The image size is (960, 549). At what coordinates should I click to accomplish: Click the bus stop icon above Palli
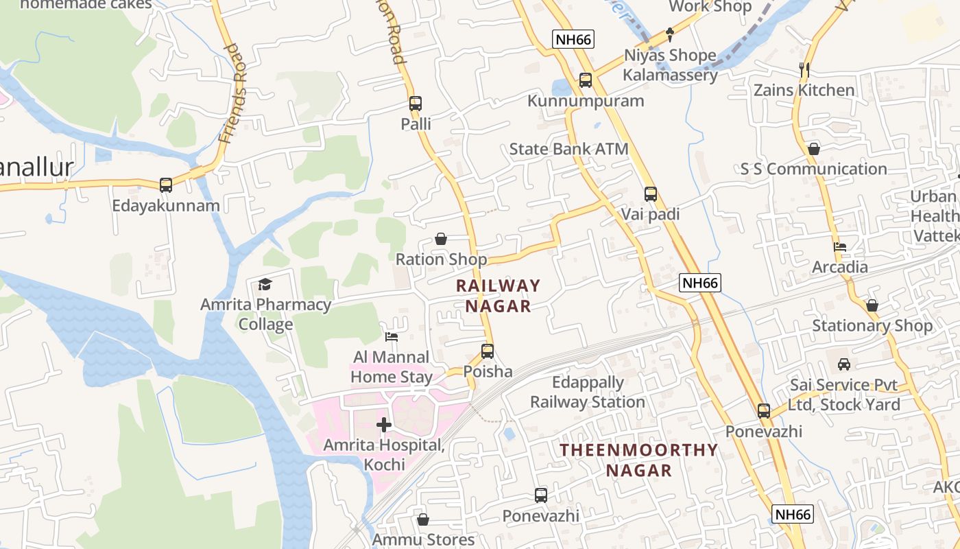click(415, 104)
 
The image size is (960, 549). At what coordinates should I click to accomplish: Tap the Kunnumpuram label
click(586, 101)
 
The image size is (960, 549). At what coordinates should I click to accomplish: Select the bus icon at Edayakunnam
click(166, 185)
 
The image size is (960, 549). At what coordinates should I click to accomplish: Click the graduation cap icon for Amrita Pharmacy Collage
click(265, 284)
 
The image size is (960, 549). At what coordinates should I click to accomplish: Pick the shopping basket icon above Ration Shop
click(441, 239)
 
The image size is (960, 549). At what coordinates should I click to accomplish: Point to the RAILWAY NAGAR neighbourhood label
click(499, 296)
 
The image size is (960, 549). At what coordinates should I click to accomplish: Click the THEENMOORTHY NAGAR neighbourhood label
click(638, 460)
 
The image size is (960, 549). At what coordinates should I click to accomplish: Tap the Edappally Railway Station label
click(588, 392)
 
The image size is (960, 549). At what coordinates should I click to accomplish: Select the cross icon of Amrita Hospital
click(384, 425)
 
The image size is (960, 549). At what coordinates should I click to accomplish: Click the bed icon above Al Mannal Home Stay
click(391, 337)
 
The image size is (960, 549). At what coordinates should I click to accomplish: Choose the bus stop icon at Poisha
click(488, 351)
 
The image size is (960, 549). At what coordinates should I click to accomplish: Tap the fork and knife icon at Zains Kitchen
click(804, 69)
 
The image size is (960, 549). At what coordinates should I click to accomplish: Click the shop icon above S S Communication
click(814, 149)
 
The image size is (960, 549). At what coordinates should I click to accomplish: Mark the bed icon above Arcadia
click(839, 247)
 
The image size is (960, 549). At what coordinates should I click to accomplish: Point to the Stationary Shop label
click(872, 325)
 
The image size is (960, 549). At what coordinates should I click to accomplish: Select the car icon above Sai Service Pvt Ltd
click(844, 364)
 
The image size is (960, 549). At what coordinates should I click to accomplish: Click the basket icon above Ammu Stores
click(423, 519)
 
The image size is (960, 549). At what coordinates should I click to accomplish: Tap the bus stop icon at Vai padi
click(650, 194)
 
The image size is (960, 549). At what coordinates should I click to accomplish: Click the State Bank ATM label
click(568, 149)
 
